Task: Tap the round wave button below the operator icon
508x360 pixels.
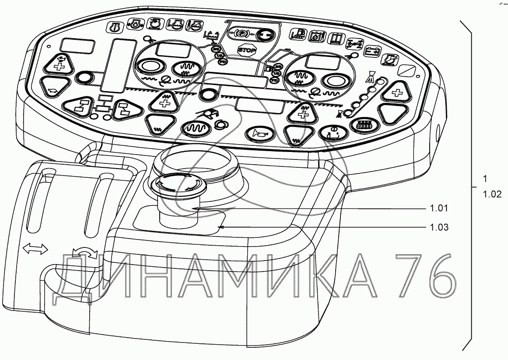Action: click(x=196, y=128)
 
